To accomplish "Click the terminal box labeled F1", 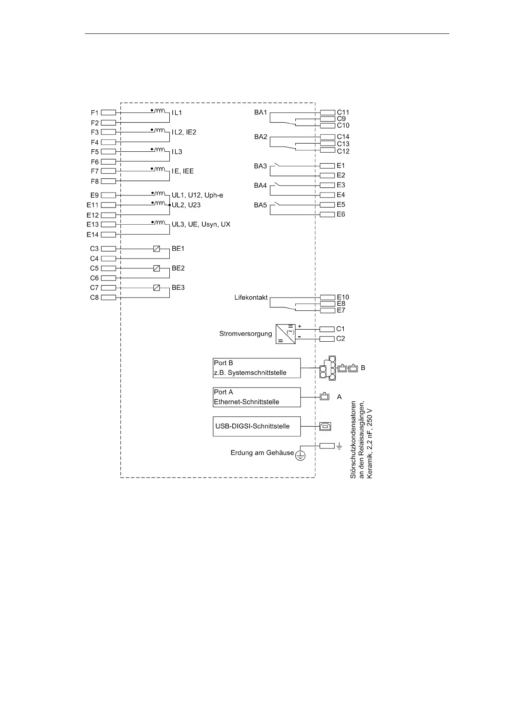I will pos(108,113).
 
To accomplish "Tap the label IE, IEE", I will pos(183,171).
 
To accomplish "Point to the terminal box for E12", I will pos(108,215).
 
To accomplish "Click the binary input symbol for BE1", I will pos(156,249).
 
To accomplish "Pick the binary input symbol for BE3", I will pos(156,288).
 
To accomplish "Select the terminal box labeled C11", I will pos(327,113).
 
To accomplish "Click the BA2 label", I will pos(261,137).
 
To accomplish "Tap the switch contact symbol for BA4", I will pos(279,185).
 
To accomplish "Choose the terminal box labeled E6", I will pos(327,214).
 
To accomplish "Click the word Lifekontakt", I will pos(251,297).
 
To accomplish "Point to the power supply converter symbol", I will pos(286,334).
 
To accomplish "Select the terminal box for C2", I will pos(327,339).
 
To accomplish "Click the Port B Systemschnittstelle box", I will pos(257,368).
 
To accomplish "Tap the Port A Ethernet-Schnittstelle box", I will pos(257,397).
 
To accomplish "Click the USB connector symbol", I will pos(325,426).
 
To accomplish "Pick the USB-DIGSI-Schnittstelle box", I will pos(257,426).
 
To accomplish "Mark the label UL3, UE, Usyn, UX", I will pos(201,225).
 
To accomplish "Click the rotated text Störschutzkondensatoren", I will pos(354,440).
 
